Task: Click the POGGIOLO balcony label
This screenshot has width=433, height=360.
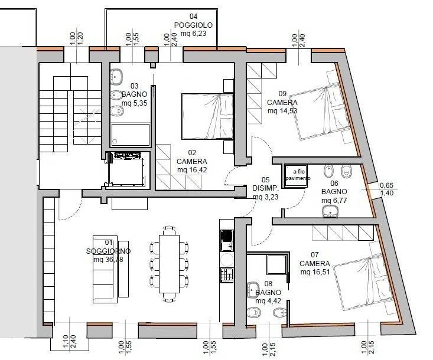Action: tap(193, 25)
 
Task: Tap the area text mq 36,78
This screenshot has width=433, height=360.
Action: tap(108, 260)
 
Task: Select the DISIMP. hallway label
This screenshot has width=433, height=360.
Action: tap(265, 188)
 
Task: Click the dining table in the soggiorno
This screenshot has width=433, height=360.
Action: tap(170, 264)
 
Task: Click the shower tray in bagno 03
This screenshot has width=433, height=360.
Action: tap(131, 135)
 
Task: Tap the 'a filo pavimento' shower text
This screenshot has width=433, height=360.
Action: tap(298, 175)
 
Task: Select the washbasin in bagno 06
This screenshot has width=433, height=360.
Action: tap(330, 212)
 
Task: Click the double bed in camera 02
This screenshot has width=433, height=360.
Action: tap(207, 116)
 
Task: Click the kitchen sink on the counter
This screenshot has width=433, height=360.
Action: tap(227, 240)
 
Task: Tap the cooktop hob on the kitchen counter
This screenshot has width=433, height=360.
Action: tap(227, 275)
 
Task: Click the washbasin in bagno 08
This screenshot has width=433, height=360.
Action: tap(253, 290)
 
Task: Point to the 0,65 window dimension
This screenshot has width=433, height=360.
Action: tap(386, 185)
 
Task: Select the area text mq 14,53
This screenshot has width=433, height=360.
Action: tap(282, 111)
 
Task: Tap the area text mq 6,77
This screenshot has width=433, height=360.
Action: tap(334, 200)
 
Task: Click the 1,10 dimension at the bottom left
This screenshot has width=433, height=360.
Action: tap(66, 342)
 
